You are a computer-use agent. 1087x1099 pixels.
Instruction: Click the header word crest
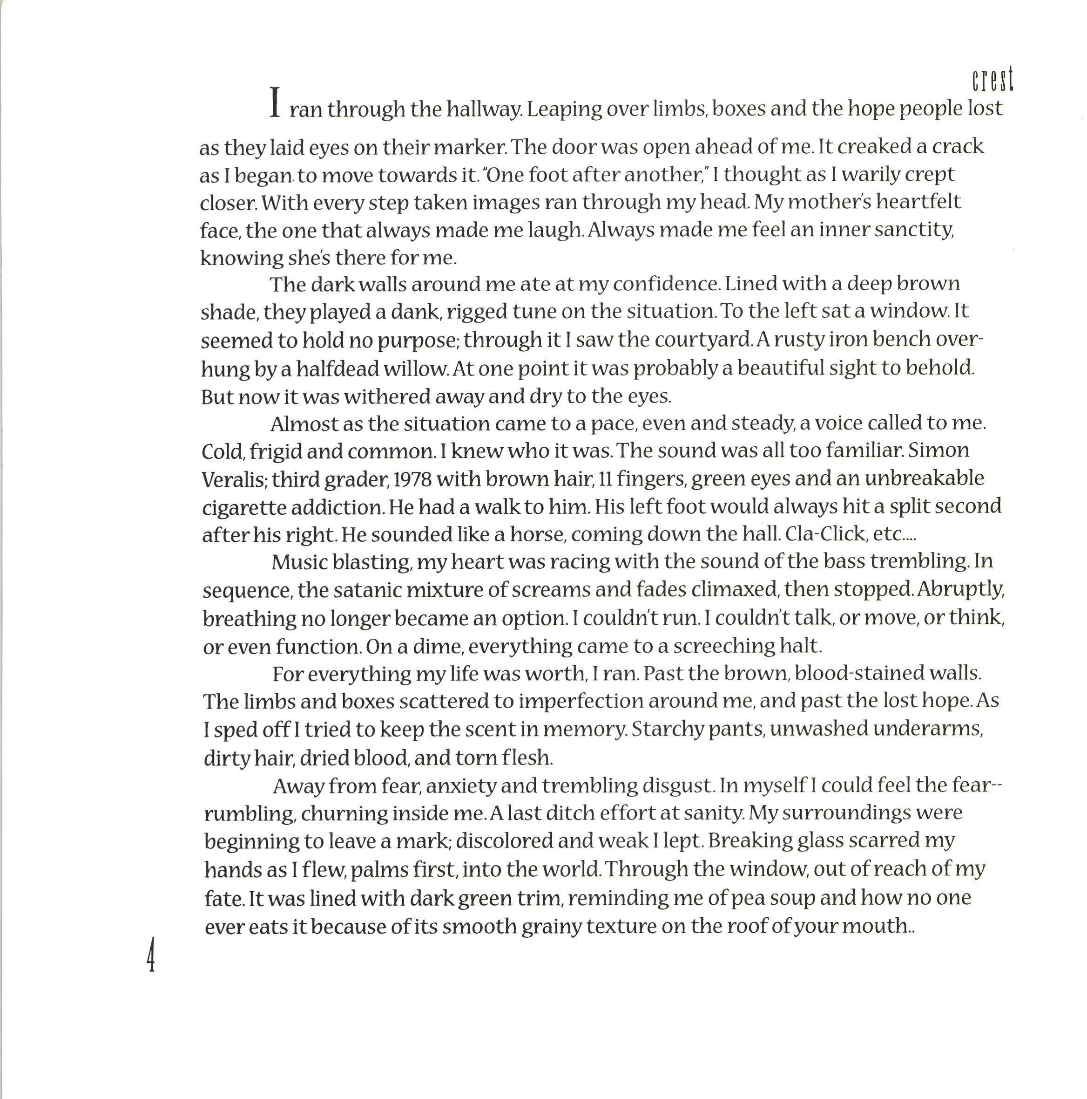(x=992, y=80)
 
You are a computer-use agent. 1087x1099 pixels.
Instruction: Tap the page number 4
(x=151, y=956)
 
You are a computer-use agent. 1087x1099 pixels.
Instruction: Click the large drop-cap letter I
(x=275, y=102)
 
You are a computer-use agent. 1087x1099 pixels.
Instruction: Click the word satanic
(x=367, y=590)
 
